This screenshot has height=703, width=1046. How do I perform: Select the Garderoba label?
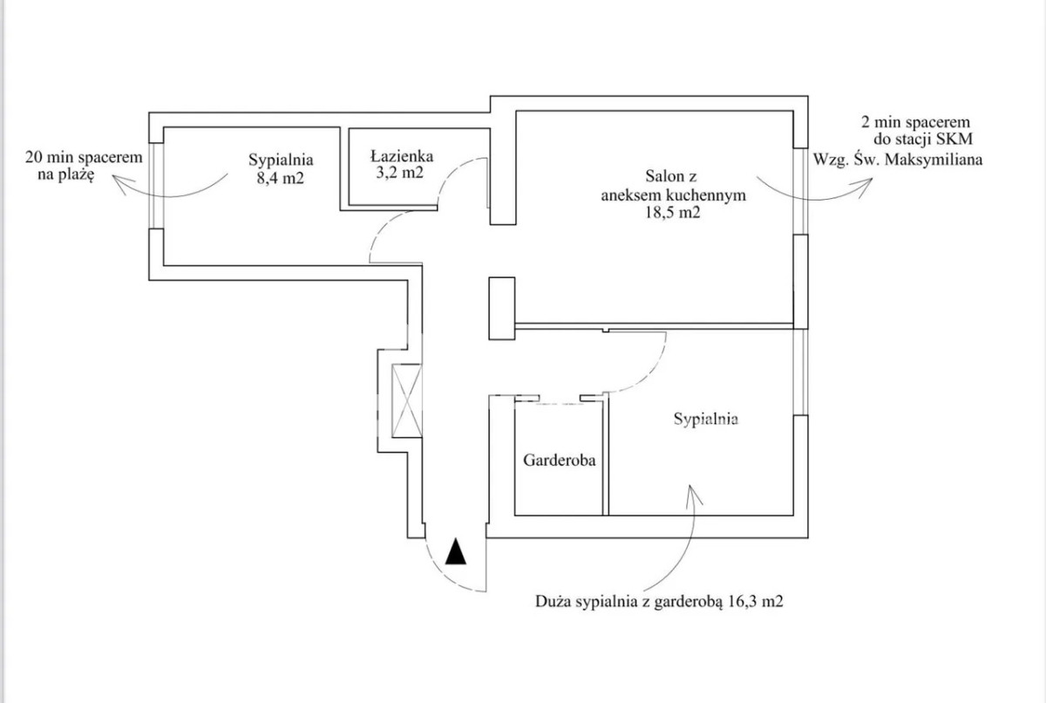pos(559,460)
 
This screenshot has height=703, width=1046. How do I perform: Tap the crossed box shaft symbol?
pos(406,400)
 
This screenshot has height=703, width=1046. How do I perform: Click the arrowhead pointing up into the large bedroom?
pos(694,492)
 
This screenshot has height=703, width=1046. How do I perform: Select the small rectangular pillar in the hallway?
pos(501,307)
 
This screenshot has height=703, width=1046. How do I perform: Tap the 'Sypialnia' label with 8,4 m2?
pos(280,160)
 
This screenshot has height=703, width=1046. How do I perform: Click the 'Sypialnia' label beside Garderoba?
pos(706,419)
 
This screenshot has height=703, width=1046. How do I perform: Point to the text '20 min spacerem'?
pos(84,158)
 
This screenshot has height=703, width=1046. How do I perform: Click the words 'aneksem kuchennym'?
pos(673,195)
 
